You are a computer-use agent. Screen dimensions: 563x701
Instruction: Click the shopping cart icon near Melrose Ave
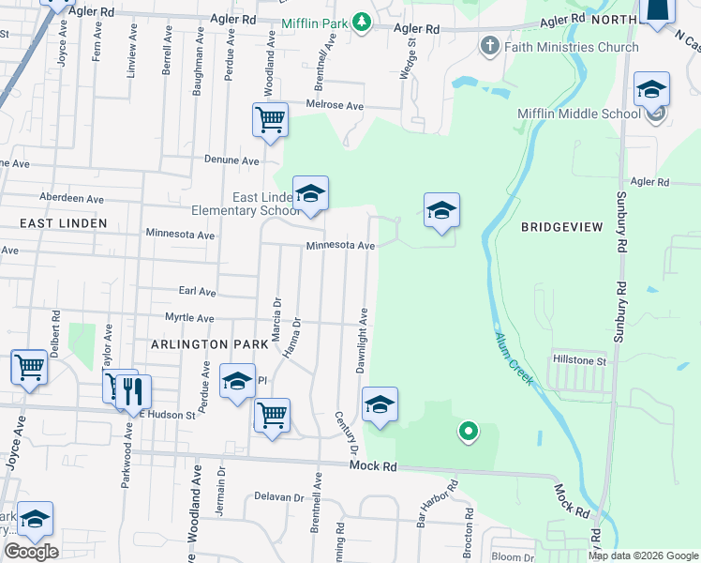tap(270, 119)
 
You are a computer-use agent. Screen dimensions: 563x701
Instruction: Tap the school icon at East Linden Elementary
tap(310, 193)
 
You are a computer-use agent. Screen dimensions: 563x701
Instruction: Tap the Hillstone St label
tap(580, 360)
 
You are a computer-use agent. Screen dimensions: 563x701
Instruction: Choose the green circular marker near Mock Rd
tap(468, 433)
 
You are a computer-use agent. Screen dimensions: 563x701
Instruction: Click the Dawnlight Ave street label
tap(362, 339)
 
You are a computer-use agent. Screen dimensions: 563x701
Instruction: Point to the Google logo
tap(31, 552)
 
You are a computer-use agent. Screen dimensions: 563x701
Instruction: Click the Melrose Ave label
tap(336, 106)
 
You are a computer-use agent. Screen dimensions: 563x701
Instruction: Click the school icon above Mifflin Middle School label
tap(650, 89)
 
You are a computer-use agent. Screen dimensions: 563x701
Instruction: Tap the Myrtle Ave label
tap(190, 318)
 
